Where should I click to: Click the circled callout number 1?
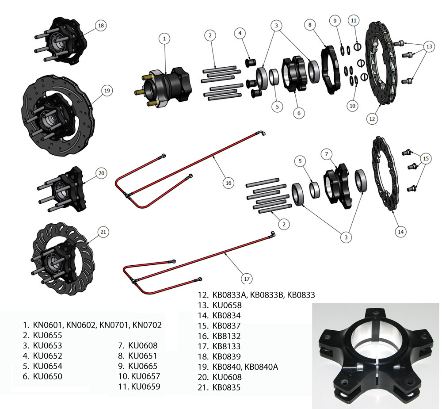click(x=164, y=38)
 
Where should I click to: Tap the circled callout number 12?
click(x=372, y=119)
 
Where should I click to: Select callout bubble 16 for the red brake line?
click(x=229, y=183)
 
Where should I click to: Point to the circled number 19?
click(x=107, y=91)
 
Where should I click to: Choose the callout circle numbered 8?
click(x=310, y=25)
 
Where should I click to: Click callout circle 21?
click(x=103, y=232)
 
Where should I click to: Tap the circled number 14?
click(x=400, y=232)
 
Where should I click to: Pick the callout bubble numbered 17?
click(x=247, y=279)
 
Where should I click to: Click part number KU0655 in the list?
click(x=47, y=335)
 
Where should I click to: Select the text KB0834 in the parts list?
click(x=227, y=315)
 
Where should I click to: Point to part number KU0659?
click(x=146, y=386)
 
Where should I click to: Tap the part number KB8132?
click(x=226, y=336)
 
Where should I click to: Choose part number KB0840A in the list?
click(x=261, y=367)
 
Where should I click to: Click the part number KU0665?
click(x=143, y=366)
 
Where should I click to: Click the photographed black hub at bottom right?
click(x=376, y=355)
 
